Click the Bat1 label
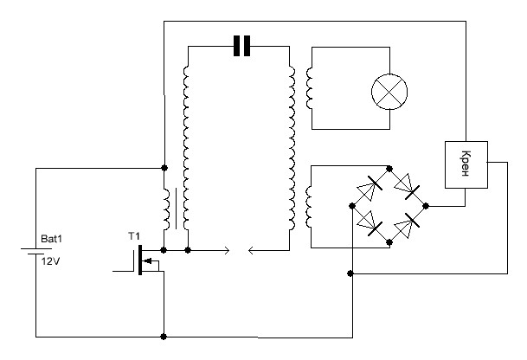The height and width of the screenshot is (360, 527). click(x=51, y=239)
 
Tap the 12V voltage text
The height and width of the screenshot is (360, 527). click(x=51, y=261)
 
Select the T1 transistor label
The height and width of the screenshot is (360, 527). click(x=134, y=236)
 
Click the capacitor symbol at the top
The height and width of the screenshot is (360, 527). click(x=241, y=46)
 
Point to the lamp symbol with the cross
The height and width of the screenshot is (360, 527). click(x=389, y=92)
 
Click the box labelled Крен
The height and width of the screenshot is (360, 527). click(x=466, y=164)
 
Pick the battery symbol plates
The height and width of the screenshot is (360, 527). click(x=36, y=251)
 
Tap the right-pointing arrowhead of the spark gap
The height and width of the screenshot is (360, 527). click(x=227, y=250)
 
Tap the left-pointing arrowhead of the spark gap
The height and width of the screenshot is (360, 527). click(x=251, y=250)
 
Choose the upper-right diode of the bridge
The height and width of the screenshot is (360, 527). click(x=408, y=186)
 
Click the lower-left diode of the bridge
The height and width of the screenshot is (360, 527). click(x=370, y=223)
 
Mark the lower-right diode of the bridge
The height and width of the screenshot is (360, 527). click(x=407, y=224)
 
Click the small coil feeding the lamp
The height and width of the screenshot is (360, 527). click(x=309, y=88)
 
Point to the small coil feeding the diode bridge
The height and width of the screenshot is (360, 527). click(x=309, y=207)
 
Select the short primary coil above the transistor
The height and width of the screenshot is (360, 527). click(x=167, y=209)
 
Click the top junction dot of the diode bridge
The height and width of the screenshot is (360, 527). click(x=389, y=169)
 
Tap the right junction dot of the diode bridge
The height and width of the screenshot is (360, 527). click(x=426, y=206)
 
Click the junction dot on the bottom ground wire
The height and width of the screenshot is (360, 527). click(x=164, y=337)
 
